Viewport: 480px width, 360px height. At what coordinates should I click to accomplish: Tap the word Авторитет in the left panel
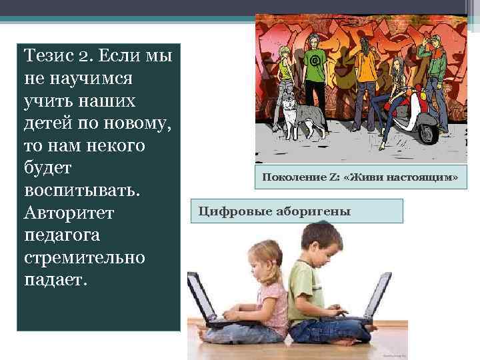pos(69,214)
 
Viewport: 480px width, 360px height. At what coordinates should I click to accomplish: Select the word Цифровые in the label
pos(230,212)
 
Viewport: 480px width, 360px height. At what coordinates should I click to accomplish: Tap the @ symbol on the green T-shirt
pos(314,61)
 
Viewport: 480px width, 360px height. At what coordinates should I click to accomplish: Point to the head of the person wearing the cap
pos(435,41)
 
